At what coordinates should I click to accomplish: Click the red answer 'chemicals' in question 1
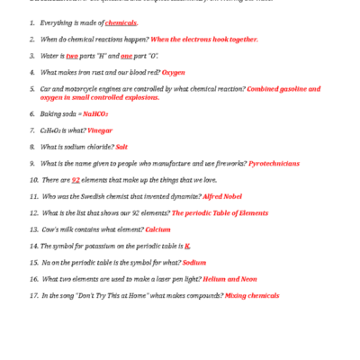120,22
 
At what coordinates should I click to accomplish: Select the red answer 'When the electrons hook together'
203,40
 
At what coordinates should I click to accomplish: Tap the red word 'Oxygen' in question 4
174,72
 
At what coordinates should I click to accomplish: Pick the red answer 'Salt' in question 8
121,147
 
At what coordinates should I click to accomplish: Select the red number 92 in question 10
76,180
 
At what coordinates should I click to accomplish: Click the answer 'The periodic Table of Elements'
220,212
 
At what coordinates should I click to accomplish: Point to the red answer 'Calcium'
158,229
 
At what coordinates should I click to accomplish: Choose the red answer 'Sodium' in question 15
194,262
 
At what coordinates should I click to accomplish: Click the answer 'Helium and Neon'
230,278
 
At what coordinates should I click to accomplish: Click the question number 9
32,163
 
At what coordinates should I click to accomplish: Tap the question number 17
34,295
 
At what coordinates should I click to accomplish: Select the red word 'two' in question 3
73,56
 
